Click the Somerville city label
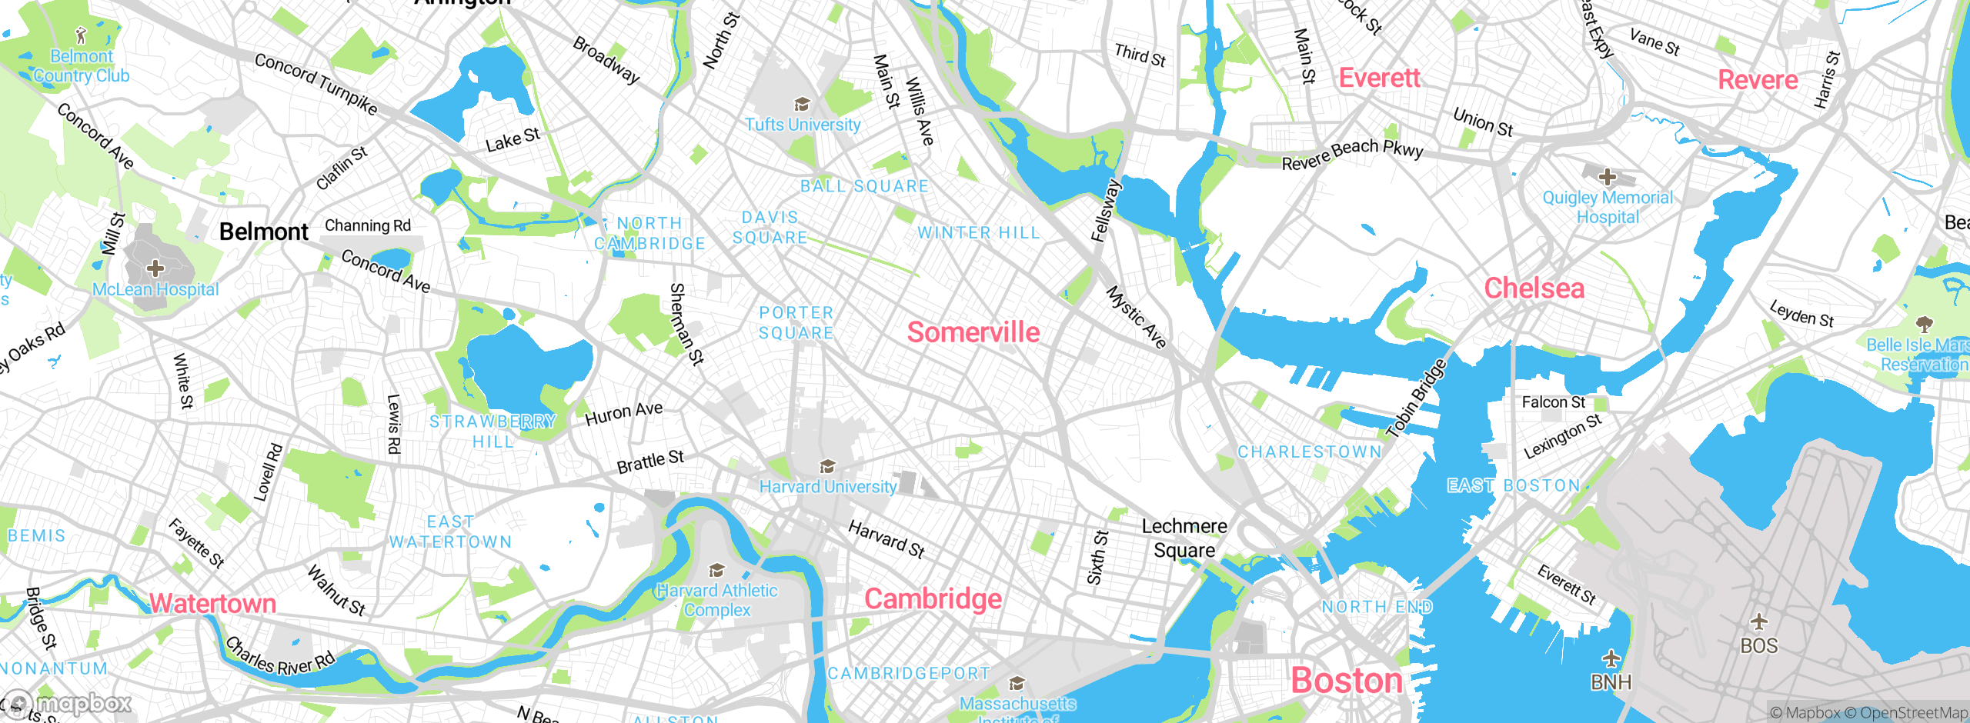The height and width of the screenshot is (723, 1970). pos(973,332)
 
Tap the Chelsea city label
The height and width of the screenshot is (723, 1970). pos(1534,288)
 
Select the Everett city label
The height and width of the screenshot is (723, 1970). pos(1379,78)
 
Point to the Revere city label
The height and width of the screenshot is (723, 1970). pos(1758,80)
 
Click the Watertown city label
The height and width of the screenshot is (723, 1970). pos(212,603)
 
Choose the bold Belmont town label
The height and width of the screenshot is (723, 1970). pos(263,232)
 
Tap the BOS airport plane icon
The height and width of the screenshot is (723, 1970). pos(1758,621)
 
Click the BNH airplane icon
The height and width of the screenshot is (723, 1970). pos(1611,659)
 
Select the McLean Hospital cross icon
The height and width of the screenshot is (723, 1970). pos(155,268)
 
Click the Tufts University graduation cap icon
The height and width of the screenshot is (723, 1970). pos(802,104)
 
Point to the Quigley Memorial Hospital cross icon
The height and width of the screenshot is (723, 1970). pos(1607,178)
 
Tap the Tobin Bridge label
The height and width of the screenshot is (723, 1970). pos(1416,398)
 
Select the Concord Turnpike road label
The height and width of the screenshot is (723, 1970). pos(316,83)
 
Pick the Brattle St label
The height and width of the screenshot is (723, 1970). pos(650,461)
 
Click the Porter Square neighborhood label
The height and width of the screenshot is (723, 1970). pos(796,323)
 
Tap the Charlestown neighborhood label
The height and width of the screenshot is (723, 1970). pos(1309,451)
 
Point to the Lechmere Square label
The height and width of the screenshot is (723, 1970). pos(1184,538)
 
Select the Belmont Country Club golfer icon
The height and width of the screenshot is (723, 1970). pos(82,35)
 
